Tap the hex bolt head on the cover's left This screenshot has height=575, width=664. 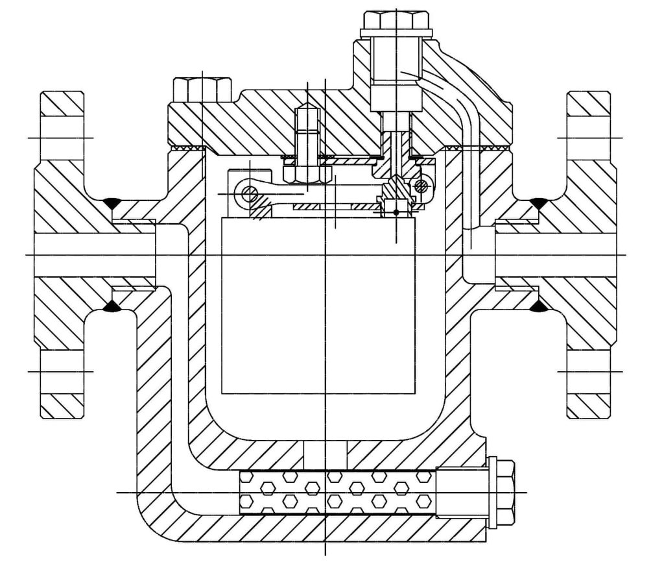pyautogui.click(x=202, y=88)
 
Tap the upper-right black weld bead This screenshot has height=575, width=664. pyautogui.click(x=537, y=204)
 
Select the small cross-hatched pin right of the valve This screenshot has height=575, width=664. pyautogui.click(x=421, y=186)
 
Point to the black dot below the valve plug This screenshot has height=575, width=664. pyautogui.click(x=396, y=212)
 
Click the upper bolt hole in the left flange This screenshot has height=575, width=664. pyautogui.click(x=62, y=138)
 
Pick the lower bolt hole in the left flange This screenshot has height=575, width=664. pyautogui.click(x=62, y=371)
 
